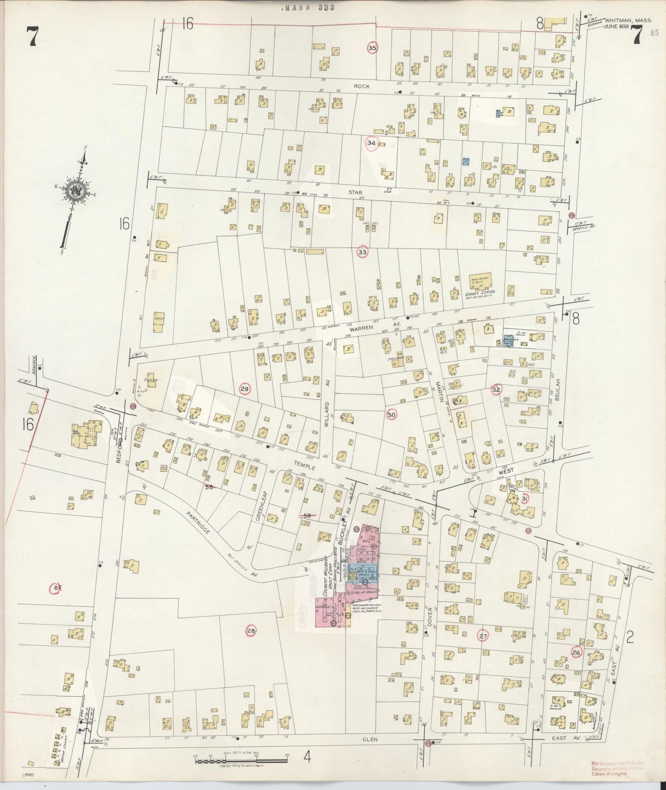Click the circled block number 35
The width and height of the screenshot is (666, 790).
click(372, 48)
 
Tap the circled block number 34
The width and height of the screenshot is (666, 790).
click(371, 143)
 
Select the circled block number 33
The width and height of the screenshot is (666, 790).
click(363, 252)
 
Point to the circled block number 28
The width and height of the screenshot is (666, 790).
click(251, 631)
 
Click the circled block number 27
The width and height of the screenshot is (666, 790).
click(483, 637)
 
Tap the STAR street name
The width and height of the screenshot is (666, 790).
click(355, 193)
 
